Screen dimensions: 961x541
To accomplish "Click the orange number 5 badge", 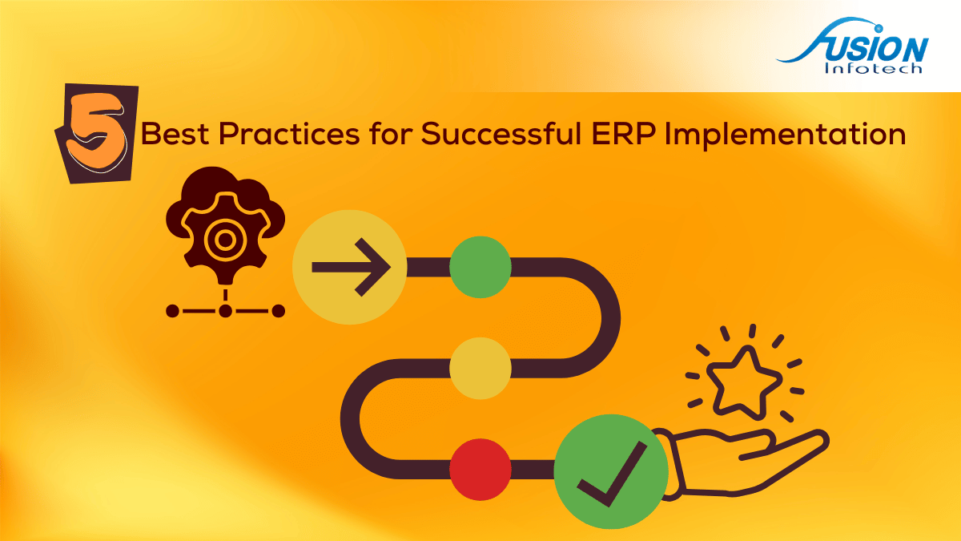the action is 97,133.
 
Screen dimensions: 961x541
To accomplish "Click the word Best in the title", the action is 175,134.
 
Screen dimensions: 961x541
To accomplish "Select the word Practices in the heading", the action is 289,134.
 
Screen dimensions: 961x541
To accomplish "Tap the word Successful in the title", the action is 501,133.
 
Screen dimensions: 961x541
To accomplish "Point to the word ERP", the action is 623,134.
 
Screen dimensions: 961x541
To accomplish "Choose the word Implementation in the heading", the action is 785,135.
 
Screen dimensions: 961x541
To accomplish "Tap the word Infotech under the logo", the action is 873,68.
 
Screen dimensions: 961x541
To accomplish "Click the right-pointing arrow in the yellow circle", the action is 352,267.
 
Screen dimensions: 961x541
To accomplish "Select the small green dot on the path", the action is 480,267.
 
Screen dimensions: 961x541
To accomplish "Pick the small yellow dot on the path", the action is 480,369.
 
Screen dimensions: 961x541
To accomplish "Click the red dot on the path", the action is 480,470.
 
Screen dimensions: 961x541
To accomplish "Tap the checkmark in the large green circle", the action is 611,474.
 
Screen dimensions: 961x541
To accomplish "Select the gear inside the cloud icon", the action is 225,238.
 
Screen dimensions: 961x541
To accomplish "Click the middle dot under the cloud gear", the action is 225,311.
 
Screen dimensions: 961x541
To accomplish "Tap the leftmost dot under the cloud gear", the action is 172,311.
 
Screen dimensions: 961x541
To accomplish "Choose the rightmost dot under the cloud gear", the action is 279,311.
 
